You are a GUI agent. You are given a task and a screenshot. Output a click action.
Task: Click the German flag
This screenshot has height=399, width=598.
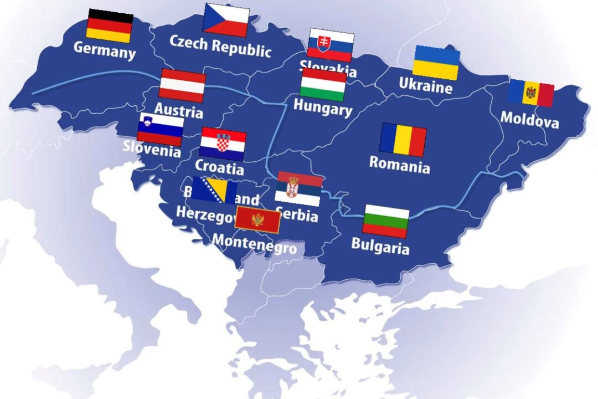pos(110,25)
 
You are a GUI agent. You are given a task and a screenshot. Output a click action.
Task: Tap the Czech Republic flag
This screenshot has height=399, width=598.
pos(226,19)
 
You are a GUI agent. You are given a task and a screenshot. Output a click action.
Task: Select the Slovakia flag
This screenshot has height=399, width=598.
pos(331,45)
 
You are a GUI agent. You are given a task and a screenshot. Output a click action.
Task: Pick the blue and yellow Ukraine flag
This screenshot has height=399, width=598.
pos(436,62)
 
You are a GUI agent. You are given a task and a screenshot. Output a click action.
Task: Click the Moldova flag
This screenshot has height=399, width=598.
pos(531,93)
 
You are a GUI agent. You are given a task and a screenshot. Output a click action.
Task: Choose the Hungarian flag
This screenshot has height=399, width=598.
pos(323,84)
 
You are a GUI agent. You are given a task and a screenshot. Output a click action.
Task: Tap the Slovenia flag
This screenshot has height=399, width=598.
pos(160,129)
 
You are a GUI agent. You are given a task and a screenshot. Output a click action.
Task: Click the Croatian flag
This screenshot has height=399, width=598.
pos(223,144)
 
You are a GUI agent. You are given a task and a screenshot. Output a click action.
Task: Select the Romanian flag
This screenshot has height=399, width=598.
pos(403,140)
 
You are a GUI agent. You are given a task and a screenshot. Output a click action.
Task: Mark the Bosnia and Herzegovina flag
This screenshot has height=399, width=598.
pos(215,190)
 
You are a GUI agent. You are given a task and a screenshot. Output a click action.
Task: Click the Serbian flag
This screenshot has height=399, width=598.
pos(298,188)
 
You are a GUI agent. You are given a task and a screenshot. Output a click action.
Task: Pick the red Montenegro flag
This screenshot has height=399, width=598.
pos(257,220)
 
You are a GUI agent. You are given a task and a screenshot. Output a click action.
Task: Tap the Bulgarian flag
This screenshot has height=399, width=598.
pos(386,221)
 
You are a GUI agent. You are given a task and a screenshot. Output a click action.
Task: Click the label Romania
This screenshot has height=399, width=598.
pos(399,165)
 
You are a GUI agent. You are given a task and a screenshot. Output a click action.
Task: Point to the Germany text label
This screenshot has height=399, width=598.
pos(105,50)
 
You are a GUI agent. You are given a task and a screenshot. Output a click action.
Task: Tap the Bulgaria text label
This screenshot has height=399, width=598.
pos(380,246)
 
